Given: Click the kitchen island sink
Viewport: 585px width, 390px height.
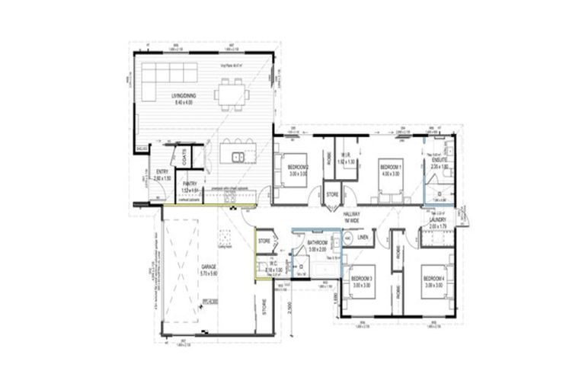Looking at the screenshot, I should [238, 158].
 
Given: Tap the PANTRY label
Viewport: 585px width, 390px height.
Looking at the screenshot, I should [190, 183].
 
